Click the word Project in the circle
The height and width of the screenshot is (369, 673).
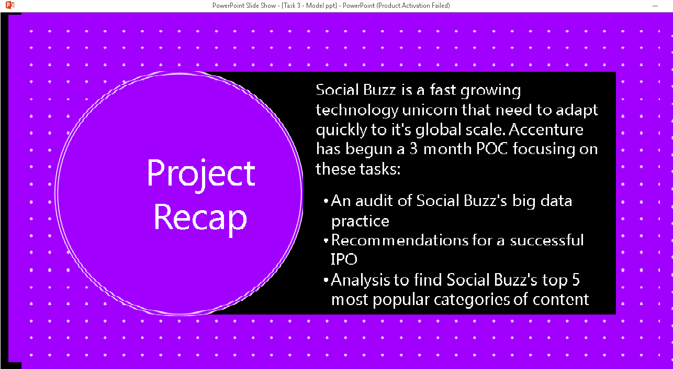(201, 173)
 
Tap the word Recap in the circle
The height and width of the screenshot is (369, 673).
(201, 217)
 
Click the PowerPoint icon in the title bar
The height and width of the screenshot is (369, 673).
(9, 5)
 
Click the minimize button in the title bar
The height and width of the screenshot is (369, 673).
(655, 5)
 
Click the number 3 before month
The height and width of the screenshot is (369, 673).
(413, 149)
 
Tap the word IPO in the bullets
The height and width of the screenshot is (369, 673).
(344, 259)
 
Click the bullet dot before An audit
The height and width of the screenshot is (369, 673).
(327, 201)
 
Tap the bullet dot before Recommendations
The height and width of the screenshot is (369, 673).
(327, 241)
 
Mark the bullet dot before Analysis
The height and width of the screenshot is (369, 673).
(327, 280)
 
